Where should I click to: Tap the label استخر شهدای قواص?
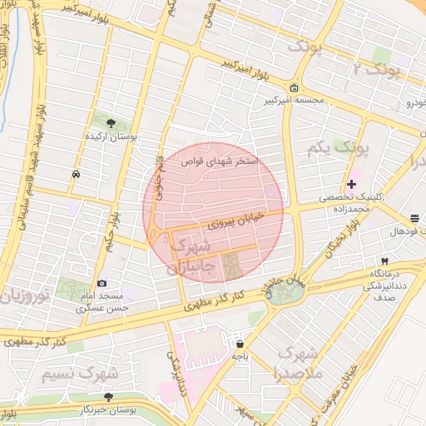(220, 161)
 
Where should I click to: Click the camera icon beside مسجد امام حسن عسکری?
(102, 284)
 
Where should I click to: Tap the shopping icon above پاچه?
(240, 344)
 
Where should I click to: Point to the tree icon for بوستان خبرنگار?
(107, 398)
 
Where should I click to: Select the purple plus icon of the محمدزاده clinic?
(351, 184)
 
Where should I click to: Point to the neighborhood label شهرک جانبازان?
(193, 256)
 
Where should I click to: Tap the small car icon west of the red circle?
(77, 175)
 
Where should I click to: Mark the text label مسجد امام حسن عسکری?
(102, 302)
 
